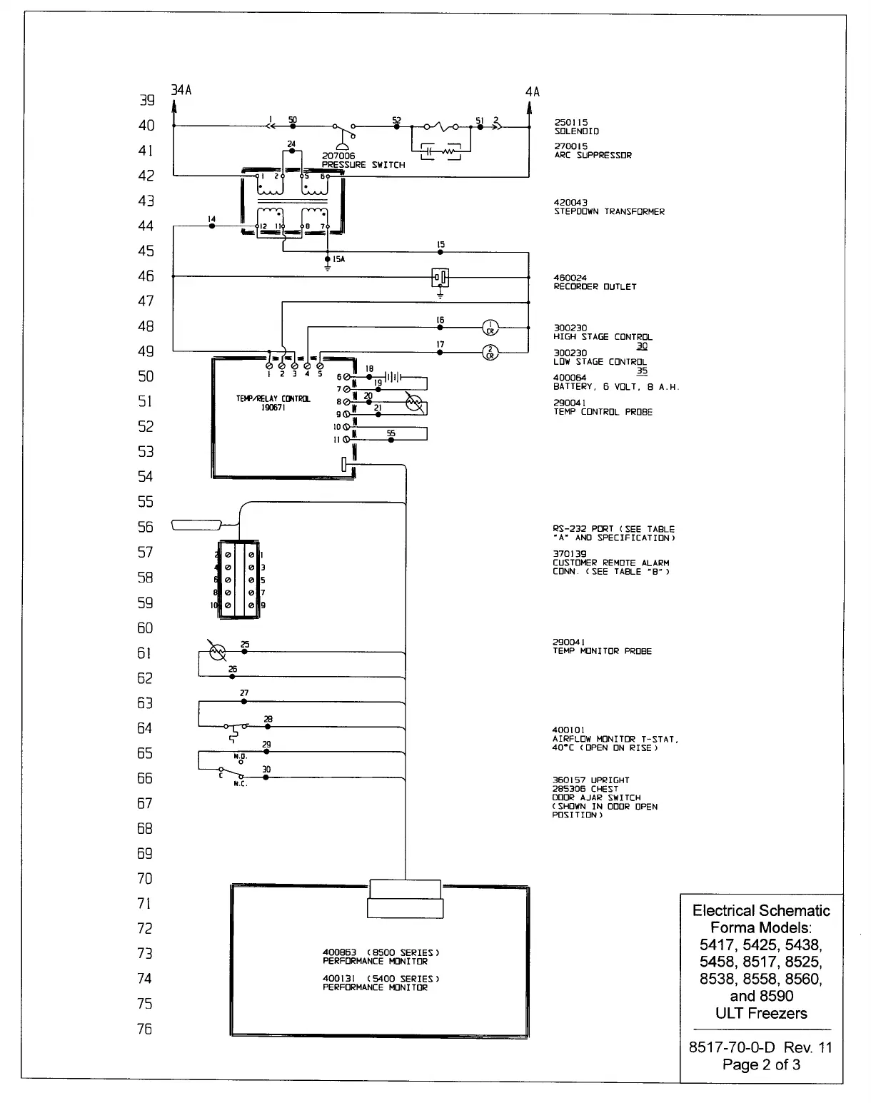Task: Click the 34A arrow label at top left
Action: click(x=181, y=91)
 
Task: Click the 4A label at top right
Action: click(x=533, y=92)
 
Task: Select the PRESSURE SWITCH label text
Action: click(x=363, y=165)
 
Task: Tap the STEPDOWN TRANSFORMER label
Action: click(x=609, y=212)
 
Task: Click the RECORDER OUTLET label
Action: click(x=595, y=287)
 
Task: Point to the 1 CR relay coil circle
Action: click(x=490, y=327)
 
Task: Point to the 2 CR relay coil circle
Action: click(x=490, y=352)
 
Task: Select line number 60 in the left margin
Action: click(x=145, y=628)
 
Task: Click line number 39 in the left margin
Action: click(x=146, y=101)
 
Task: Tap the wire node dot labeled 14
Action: click(x=212, y=226)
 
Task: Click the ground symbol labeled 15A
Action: click(x=328, y=264)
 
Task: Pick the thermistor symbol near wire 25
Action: click(x=216, y=651)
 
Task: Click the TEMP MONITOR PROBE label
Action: click(x=602, y=651)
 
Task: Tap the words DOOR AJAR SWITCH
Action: click(x=596, y=797)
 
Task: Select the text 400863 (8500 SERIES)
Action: click(x=381, y=953)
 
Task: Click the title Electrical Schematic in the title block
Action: click(x=761, y=910)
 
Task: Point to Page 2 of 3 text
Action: click(x=761, y=1064)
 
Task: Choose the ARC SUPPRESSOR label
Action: click(x=593, y=155)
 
